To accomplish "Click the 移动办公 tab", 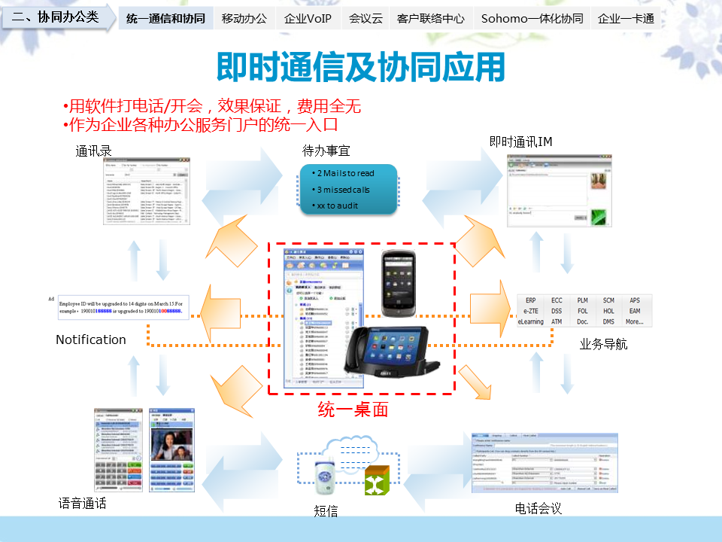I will pyautogui.click(x=244, y=19).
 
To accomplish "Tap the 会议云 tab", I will pyautogui.click(x=366, y=19).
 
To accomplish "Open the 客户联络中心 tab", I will pyautogui.click(x=430, y=19).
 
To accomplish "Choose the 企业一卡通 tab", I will pyautogui.click(x=626, y=19).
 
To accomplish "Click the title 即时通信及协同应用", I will pyautogui.click(x=360, y=67).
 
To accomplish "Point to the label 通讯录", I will pyautogui.click(x=94, y=151).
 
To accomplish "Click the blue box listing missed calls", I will pyautogui.click(x=348, y=189).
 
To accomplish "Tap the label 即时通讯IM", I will pyautogui.click(x=521, y=141).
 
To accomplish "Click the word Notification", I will pyautogui.click(x=91, y=340).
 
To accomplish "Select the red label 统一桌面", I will pyautogui.click(x=353, y=410).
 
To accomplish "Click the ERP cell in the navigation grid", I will pyautogui.click(x=531, y=300).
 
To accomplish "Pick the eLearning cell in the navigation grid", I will pyautogui.click(x=530, y=321).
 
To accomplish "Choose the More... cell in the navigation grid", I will pyautogui.click(x=634, y=321).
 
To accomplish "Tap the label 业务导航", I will pyautogui.click(x=603, y=345).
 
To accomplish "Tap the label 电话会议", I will pyautogui.click(x=538, y=509).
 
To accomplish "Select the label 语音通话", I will pyautogui.click(x=82, y=503).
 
